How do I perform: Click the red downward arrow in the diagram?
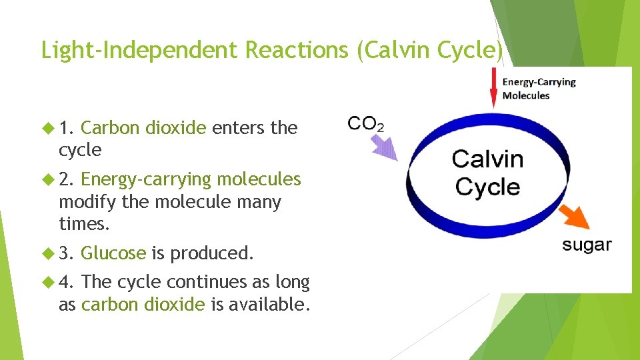(493, 89)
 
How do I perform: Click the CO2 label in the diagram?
(366, 124)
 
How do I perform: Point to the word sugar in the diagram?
(587, 245)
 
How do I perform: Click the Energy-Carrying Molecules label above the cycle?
(539, 89)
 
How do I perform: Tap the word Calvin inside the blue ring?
(487, 159)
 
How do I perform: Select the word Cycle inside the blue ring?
(487, 187)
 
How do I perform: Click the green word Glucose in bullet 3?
(113, 253)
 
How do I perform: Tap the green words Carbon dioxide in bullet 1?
(143, 127)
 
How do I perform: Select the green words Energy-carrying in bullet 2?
(146, 179)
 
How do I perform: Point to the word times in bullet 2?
(82, 224)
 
